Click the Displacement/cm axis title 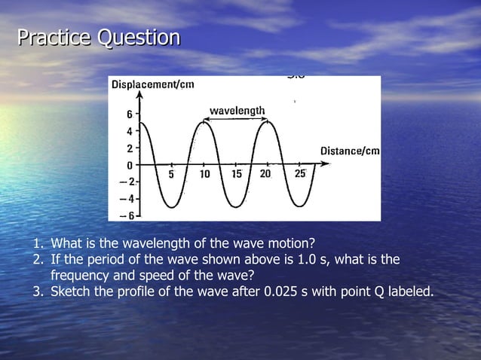pyautogui.click(x=153, y=84)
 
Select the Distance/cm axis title pyautogui.click(x=349, y=151)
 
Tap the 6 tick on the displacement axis pyautogui.click(x=129, y=115)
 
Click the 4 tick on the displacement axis pyautogui.click(x=129, y=132)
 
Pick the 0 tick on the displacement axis pyautogui.click(x=129, y=164)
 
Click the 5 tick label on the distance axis pyautogui.click(x=171, y=175)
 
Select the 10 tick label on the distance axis pyautogui.click(x=204, y=175)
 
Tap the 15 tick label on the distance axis pyautogui.click(x=236, y=175)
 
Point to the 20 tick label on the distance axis pyautogui.click(x=265, y=175)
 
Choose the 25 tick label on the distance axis pyautogui.click(x=299, y=175)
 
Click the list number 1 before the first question pyautogui.click(x=36, y=243)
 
